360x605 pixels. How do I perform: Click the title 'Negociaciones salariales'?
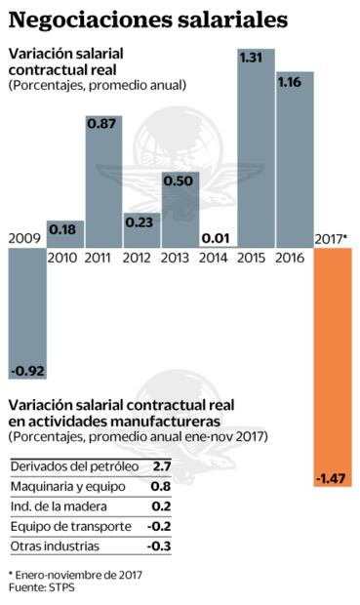point(147,19)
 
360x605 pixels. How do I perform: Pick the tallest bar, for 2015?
point(257,146)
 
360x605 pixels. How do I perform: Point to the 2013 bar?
point(180,210)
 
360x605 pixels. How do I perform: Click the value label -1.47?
point(332,478)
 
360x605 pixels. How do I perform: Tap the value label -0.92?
point(26,372)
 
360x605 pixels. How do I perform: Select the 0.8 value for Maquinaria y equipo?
point(162,486)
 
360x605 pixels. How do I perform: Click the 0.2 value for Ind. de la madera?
point(162,505)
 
